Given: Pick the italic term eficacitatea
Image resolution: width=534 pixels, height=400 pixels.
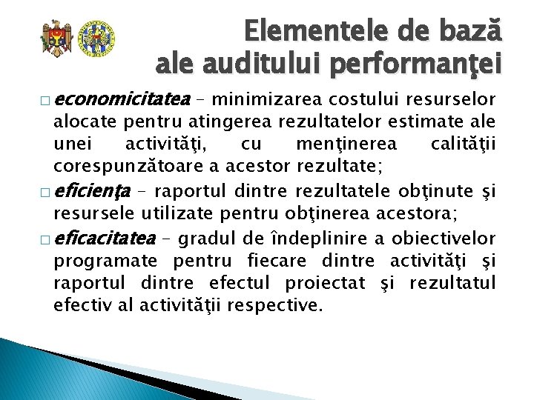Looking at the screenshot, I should pyautogui.click(x=105, y=239).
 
